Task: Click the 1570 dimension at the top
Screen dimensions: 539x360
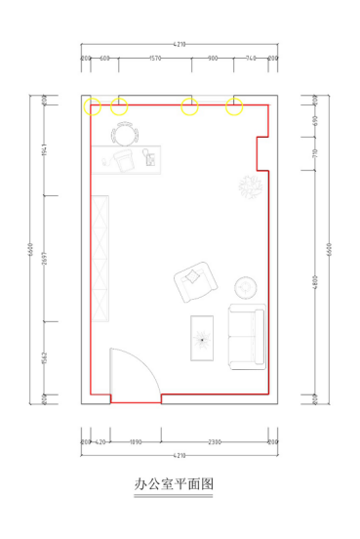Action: [x=154, y=59]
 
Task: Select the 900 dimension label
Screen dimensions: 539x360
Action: [x=213, y=59]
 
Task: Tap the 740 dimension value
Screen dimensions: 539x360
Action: [x=251, y=59]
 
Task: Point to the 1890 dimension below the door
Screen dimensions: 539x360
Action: [x=135, y=442]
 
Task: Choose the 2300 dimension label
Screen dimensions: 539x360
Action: [x=215, y=442]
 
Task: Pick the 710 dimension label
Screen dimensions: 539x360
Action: [x=315, y=153]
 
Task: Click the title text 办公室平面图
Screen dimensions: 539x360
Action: [x=174, y=483]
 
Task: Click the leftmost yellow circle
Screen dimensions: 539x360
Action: [x=93, y=106]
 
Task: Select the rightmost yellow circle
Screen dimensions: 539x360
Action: [x=234, y=106]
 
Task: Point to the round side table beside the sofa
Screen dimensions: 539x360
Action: [x=245, y=289]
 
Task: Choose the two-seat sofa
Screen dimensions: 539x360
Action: [x=245, y=337]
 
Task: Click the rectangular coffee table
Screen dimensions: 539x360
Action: [x=203, y=339]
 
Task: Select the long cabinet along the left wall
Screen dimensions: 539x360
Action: [x=102, y=259]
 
